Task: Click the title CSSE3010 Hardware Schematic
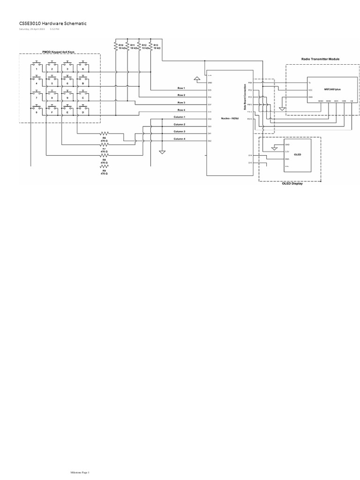click(x=52, y=23)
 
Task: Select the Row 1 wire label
click(x=181, y=88)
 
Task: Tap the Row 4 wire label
click(x=181, y=110)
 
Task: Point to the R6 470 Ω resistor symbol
click(x=104, y=134)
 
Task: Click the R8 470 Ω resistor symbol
click(x=104, y=156)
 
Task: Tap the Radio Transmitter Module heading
click(x=320, y=59)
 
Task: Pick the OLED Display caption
click(x=292, y=183)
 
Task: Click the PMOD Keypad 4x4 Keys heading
click(x=59, y=52)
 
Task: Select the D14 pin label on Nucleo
click(x=251, y=155)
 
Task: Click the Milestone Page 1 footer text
click(x=80, y=472)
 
